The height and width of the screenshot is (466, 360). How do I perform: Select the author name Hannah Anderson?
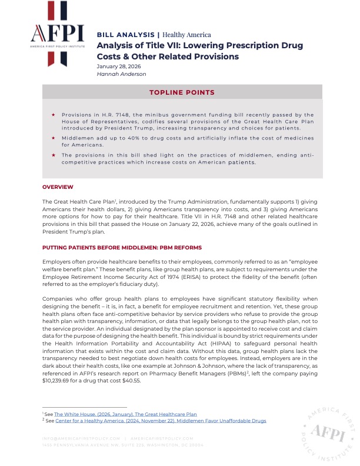(x=121, y=74)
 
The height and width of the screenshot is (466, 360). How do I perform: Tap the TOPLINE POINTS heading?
(x=182, y=92)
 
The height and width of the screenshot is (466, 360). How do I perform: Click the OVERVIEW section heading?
(x=58, y=187)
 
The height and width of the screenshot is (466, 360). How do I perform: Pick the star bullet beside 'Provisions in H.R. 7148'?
(x=54, y=115)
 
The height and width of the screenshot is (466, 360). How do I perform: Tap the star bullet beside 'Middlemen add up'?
(x=54, y=138)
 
